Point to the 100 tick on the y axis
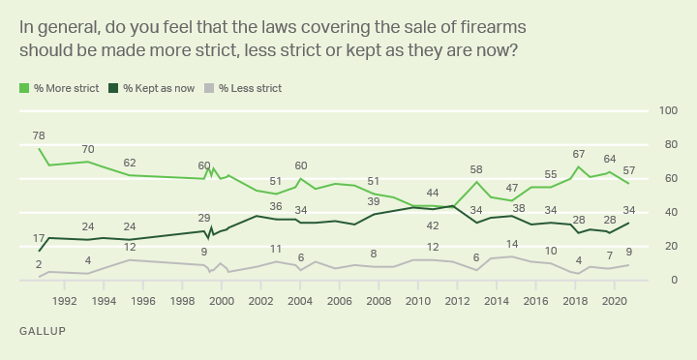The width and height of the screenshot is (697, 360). [667, 110]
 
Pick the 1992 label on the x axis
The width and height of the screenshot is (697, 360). [65, 300]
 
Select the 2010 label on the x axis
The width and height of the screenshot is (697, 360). [418, 300]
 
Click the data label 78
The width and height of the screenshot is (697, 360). [39, 135]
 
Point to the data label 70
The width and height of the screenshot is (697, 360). [88, 149]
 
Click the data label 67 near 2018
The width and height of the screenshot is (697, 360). [579, 154]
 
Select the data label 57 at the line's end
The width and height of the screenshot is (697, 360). [629, 170]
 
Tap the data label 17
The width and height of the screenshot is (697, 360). [39, 238]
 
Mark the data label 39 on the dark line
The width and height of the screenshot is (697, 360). [374, 201]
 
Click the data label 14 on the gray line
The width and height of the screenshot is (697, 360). [512, 244]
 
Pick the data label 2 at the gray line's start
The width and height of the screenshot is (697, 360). [39, 264]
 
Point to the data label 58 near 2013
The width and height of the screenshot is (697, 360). [475, 169]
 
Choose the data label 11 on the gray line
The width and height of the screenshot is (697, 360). [276, 249]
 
